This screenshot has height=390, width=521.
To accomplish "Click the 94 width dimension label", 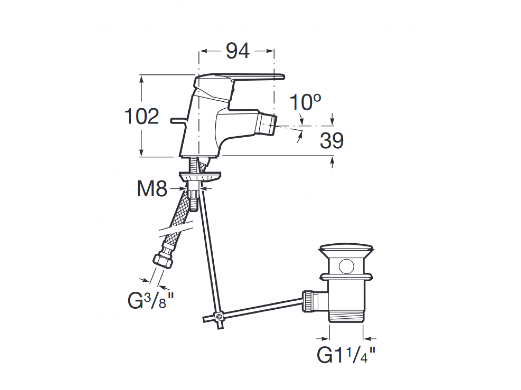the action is coord(238,51).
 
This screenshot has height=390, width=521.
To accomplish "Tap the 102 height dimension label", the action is coord(141,116).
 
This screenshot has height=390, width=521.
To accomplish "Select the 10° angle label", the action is coord(305,102).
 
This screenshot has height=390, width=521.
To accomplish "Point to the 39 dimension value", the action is coord(332,141).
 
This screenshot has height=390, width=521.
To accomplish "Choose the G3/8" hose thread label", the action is coord(150,300).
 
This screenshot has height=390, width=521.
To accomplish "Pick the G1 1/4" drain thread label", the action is coord(346,355).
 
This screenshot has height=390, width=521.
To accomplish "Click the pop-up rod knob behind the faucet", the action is coord(178,120).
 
